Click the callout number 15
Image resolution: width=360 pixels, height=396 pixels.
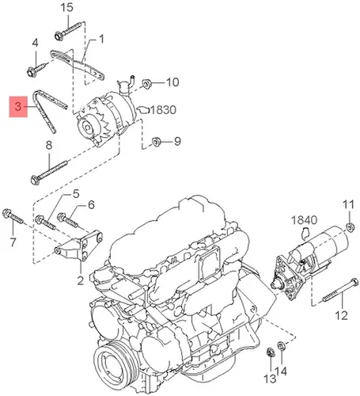tap(66, 7)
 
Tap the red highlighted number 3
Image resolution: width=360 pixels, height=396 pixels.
tap(18, 107)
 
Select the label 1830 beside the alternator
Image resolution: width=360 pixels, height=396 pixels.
tap(163, 110)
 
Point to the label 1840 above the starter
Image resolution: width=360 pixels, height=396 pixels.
tap(304, 220)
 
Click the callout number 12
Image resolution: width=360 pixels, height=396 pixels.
tap(342, 315)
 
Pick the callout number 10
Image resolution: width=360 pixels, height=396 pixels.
tap(172, 82)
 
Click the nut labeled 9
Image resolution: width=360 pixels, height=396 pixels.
tap(157, 142)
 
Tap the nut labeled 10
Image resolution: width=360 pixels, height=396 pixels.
tap(146, 84)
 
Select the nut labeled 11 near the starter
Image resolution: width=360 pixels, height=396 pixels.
tap(350, 227)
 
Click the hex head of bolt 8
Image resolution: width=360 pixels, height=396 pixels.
tap(36, 180)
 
